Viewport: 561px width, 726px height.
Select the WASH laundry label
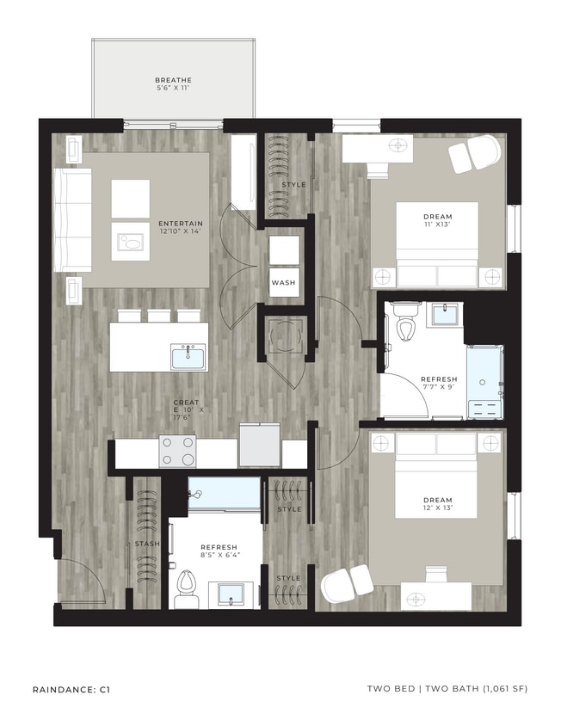[x=283, y=282]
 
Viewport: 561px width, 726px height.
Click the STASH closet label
[x=145, y=544]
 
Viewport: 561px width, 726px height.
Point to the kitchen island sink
[x=188, y=355]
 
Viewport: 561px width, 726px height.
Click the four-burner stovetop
[x=177, y=450]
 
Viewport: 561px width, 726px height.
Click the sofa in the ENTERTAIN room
[x=72, y=220]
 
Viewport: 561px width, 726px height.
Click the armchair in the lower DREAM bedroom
[x=347, y=586]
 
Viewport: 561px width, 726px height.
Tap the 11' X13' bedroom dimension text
[x=438, y=225]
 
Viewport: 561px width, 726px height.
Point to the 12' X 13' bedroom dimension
[x=438, y=508]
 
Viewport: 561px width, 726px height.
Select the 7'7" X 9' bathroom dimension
[x=438, y=388]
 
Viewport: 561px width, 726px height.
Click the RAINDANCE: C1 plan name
[x=71, y=689]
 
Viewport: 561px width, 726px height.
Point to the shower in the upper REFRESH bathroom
[x=484, y=379]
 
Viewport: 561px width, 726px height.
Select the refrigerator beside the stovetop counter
[x=260, y=446]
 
